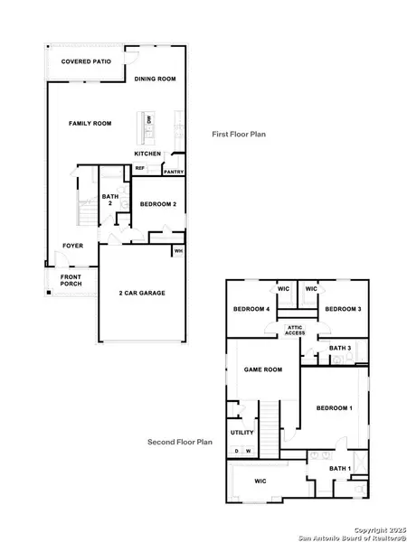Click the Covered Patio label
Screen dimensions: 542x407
[80, 62]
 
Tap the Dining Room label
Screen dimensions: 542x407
[156, 79]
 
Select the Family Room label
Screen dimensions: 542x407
[92, 123]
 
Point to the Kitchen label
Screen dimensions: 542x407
[148, 154]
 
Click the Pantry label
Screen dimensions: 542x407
[175, 170]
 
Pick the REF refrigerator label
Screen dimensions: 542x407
[140, 168]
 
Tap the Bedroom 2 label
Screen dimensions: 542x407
[158, 204]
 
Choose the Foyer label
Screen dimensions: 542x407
[73, 246]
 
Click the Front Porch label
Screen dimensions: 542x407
[71, 280]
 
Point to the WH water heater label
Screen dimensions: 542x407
[178, 251]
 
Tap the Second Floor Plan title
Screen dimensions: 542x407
[180, 443]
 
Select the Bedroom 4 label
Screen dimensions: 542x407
[251, 310]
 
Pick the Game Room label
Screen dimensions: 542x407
[263, 369]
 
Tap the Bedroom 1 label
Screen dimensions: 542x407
[335, 409]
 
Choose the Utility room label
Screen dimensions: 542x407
[242, 433]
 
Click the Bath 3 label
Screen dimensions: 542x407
[339, 348]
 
